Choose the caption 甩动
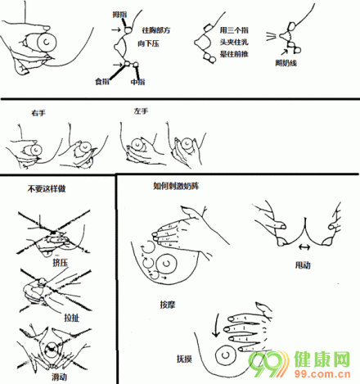[x=303, y=264]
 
